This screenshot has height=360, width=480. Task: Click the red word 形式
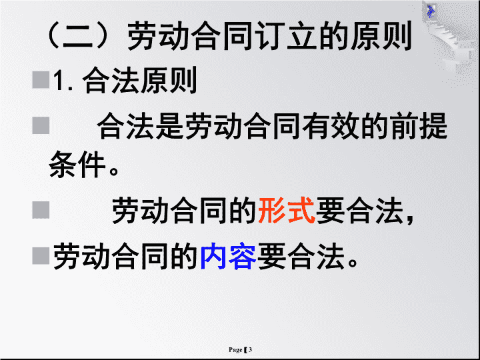pyautogui.click(x=287, y=211)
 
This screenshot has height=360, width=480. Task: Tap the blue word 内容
pyautogui.click(x=229, y=256)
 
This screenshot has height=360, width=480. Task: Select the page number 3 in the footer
pyautogui.click(x=250, y=349)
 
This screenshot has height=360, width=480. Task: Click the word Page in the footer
pyautogui.click(x=235, y=350)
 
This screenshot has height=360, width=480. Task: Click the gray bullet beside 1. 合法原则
pyautogui.click(x=41, y=80)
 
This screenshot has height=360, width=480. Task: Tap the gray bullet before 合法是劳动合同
pyautogui.click(x=41, y=125)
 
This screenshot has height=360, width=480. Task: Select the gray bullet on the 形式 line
pyautogui.click(x=41, y=210)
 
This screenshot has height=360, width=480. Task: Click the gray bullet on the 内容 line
pyautogui.click(x=41, y=255)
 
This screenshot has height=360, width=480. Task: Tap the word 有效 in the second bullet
pyautogui.click(x=330, y=126)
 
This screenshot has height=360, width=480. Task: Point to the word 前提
pyautogui.click(x=419, y=126)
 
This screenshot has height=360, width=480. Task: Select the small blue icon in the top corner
pyautogui.click(x=431, y=11)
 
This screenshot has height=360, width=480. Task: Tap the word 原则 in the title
pyautogui.click(x=381, y=36)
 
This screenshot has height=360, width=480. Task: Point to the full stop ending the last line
pyautogui.click(x=352, y=263)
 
